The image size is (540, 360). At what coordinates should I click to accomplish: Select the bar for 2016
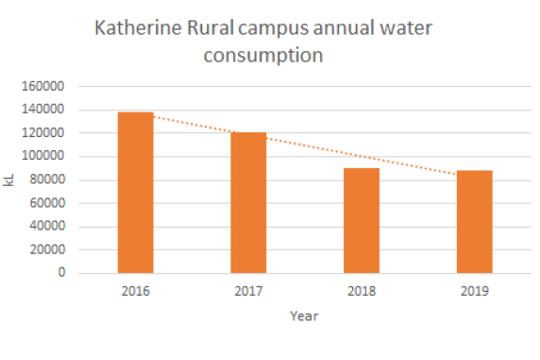[x=135, y=193]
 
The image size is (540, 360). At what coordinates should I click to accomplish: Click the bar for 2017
[x=248, y=202]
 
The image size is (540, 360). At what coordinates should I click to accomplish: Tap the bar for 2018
[x=361, y=220]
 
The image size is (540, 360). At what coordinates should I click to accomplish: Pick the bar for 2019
[x=474, y=222]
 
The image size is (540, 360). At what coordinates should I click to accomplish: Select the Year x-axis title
[x=304, y=317]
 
